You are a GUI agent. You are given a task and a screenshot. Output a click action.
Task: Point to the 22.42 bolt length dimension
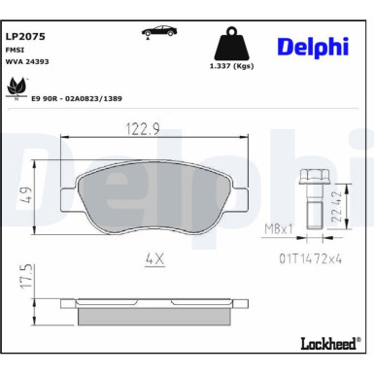coord(336,205)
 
